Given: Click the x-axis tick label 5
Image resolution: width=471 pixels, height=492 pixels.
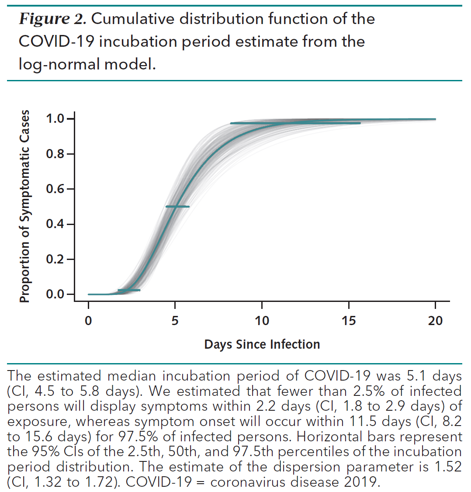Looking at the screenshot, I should point(175,321).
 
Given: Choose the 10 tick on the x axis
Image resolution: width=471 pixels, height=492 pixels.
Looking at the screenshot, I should point(262,321).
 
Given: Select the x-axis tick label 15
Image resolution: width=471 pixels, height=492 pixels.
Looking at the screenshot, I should point(349,321).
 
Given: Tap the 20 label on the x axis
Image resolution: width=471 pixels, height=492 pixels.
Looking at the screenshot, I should point(435,321).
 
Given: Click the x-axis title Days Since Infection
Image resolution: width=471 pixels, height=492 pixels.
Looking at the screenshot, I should point(262,344).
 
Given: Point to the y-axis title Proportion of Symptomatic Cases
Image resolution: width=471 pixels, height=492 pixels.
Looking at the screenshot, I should point(25,206).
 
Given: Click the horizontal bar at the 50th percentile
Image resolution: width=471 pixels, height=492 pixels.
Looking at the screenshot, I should point(177,206).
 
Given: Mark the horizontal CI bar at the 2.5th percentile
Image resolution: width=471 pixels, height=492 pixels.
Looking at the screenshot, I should point(129,290).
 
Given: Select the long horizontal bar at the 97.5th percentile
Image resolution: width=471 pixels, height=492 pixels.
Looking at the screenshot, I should point(295,123).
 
